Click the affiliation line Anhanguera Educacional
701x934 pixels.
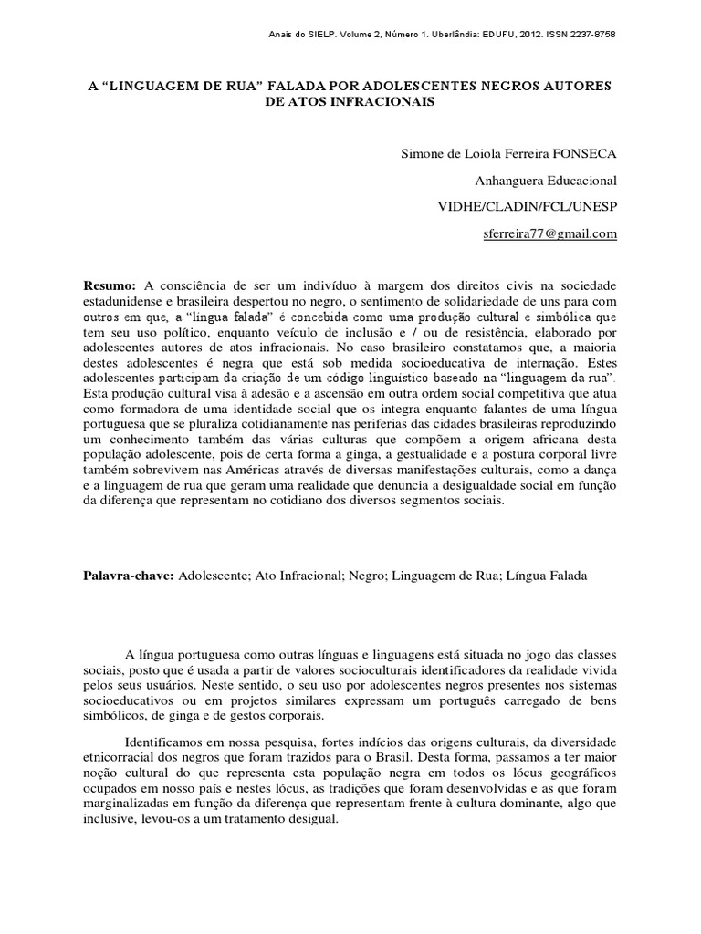click(x=546, y=181)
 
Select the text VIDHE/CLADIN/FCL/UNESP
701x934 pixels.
click(x=528, y=207)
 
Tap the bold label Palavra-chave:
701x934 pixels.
click(x=128, y=576)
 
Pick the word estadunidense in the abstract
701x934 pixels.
click(x=125, y=302)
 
